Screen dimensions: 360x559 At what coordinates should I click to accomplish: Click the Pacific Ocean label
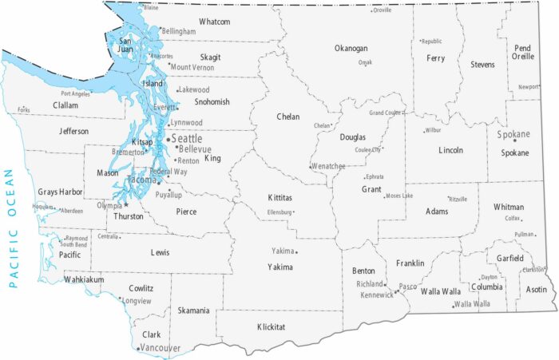pos(11,227)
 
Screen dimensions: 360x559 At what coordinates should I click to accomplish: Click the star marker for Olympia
pos(125,205)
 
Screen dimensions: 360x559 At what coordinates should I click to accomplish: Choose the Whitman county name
pos(509,207)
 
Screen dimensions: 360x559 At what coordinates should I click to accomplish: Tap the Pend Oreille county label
pos(522,53)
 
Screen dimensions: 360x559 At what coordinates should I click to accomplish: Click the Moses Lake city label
pos(398,196)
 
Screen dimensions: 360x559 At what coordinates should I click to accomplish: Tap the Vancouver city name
pos(160,348)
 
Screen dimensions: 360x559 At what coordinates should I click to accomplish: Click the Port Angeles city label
pos(76,93)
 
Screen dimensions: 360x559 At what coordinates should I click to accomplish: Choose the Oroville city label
pos(383,10)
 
